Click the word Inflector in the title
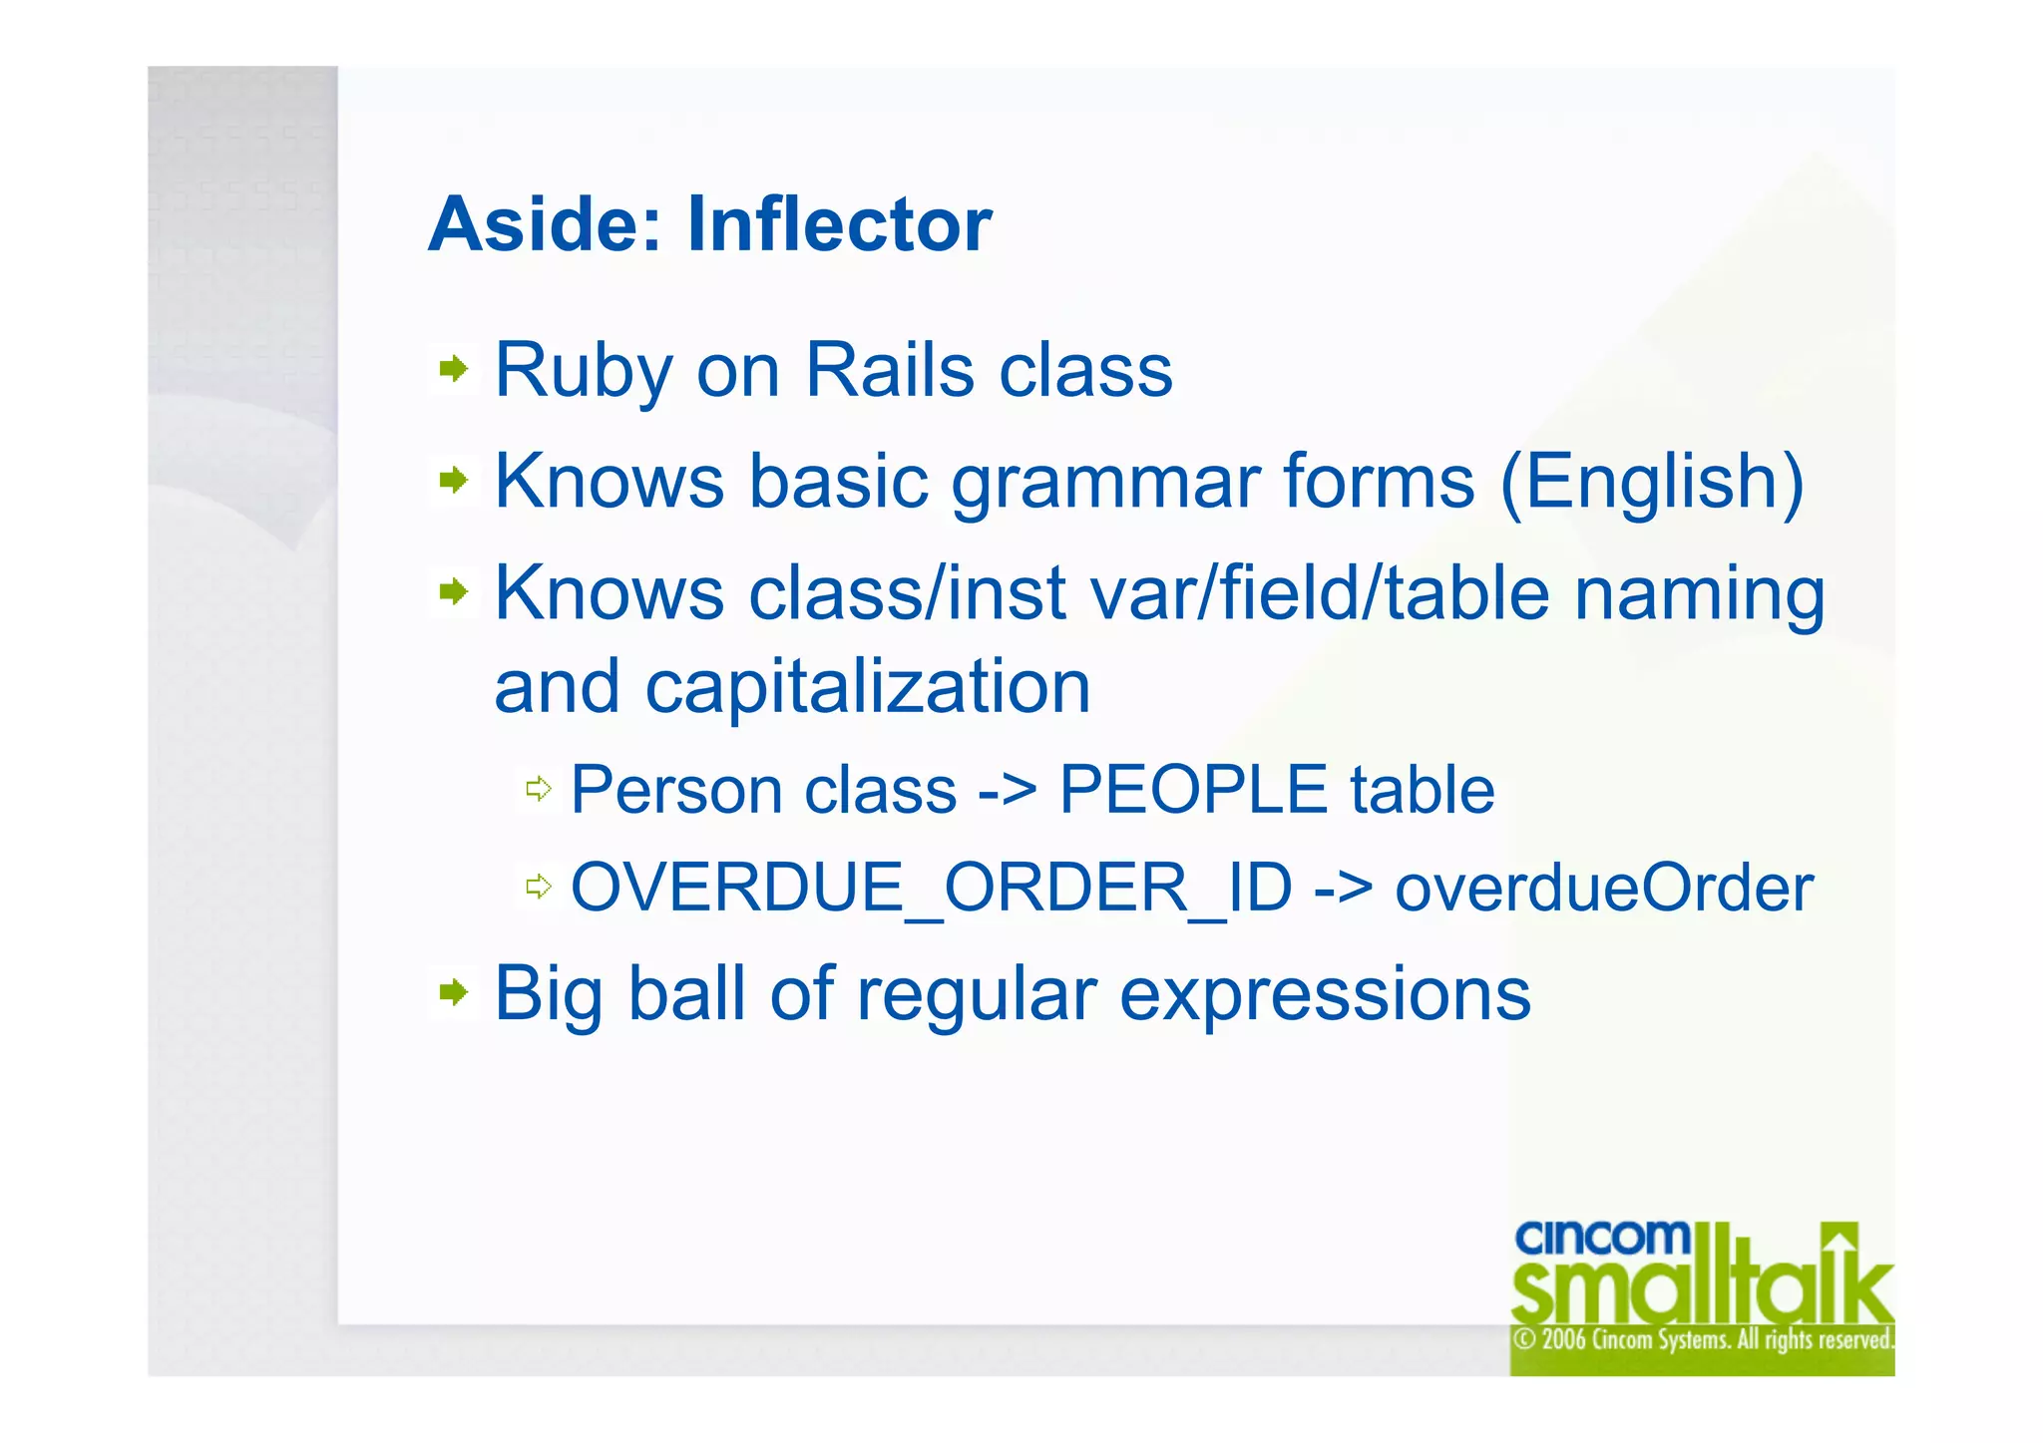[839, 224]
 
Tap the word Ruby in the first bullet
[584, 371]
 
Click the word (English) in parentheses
[1652, 483]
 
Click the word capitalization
[867, 688]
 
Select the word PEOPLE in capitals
[1193, 790]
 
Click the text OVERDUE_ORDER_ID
[931, 888]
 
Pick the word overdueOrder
[1603, 888]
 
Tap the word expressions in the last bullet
[1325, 995]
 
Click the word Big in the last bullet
[548, 995]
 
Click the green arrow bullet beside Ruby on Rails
[454, 369]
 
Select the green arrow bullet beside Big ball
[454, 991]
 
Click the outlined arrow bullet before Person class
[539, 789]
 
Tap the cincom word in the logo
[1601, 1238]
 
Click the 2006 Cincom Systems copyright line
[1702, 1339]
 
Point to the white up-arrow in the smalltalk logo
[1840, 1242]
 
